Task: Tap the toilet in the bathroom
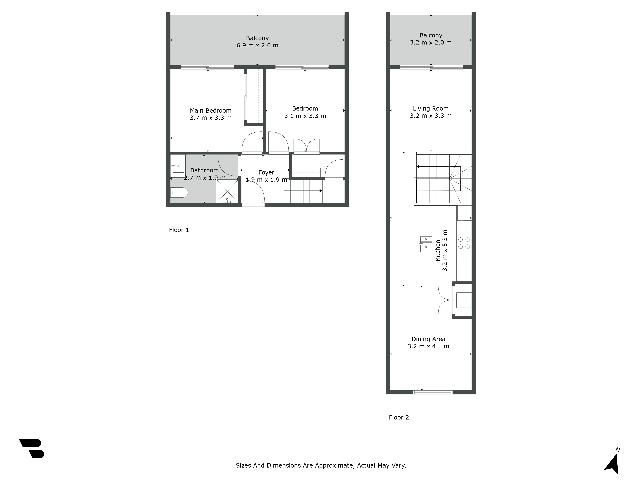[179, 192]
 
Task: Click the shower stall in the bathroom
[227, 191]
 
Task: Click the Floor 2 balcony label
[431, 36]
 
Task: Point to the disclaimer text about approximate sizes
[321, 465]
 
